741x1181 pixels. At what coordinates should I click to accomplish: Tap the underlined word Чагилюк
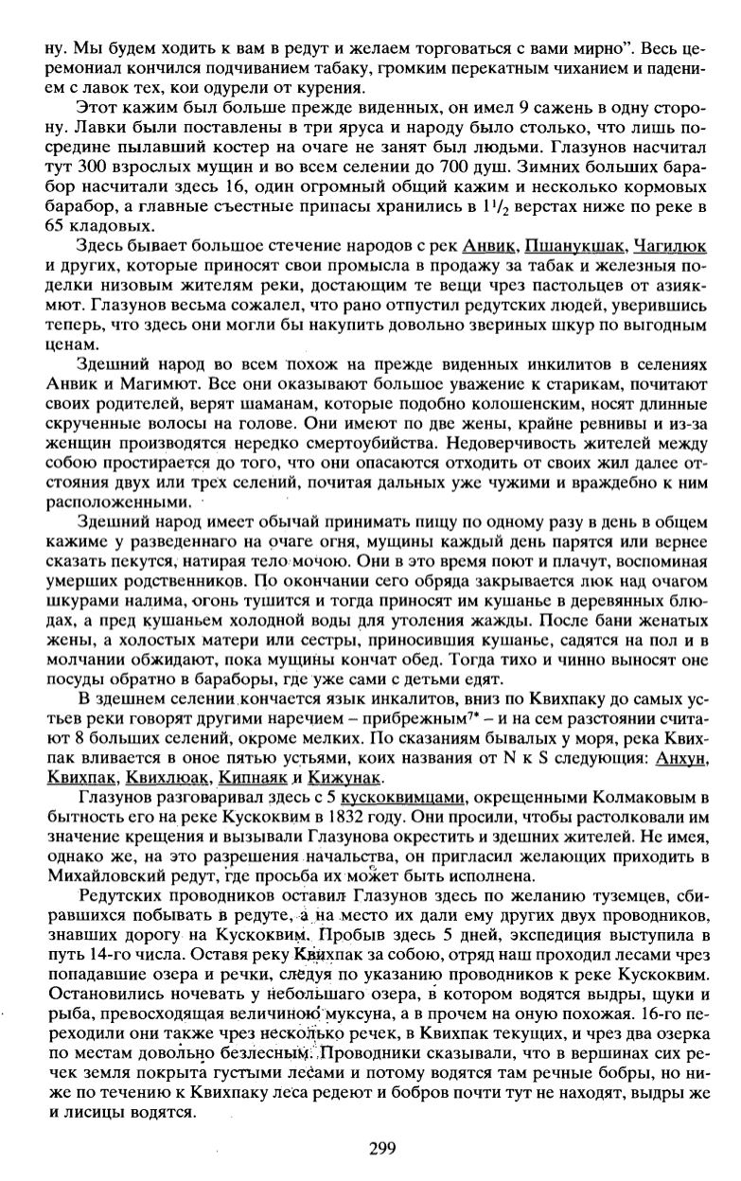(x=670, y=246)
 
